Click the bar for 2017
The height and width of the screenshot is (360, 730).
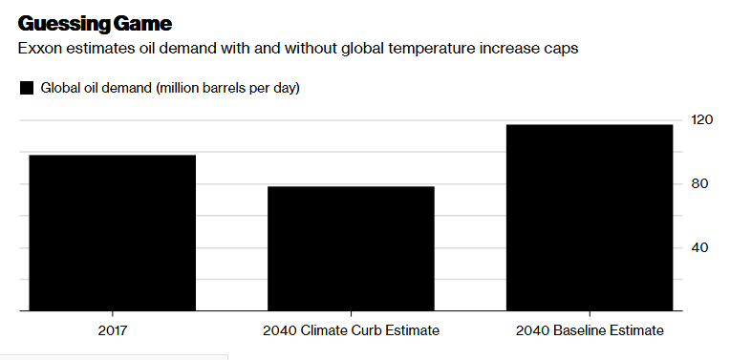click(x=112, y=233)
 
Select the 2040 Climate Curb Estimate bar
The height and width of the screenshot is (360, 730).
click(x=351, y=248)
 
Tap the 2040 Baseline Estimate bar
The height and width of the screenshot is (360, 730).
click(x=590, y=217)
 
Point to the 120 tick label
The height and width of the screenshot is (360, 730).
click(x=702, y=120)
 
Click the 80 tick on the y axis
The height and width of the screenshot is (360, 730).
click(x=700, y=183)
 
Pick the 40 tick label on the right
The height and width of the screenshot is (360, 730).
click(x=700, y=247)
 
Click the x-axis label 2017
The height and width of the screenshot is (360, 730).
click(x=113, y=330)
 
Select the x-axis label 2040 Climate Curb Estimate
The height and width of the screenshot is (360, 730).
click(x=351, y=330)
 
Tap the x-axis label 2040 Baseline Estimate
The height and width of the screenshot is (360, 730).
click(x=590, y=330)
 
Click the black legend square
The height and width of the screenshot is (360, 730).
click(x=27, y=88)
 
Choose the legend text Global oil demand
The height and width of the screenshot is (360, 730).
click(x=97, y=88)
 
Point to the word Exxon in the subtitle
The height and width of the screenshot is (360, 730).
click(x=39, y=49)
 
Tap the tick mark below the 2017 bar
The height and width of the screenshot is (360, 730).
click(x=113, y=314)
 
